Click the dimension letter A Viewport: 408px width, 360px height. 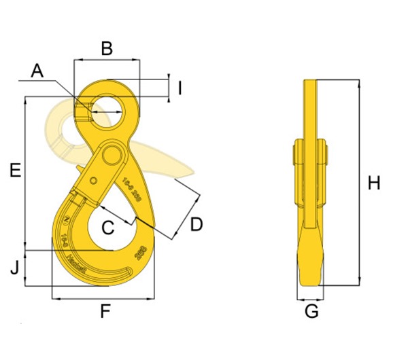[x=37, y=71]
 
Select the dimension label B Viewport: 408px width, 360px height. [x=106, y=48]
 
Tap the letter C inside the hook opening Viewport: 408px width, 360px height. [x=107, y=228]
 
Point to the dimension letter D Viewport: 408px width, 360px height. [x=196, y=223]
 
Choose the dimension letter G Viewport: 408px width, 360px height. [x=311, y=312]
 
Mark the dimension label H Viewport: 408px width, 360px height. [x=373, y=183]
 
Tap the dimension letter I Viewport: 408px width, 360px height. [x=180, y=88]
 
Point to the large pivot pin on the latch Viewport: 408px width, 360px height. [x=109, y=156]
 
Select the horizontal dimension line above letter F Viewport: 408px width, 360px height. [x=103, y=298]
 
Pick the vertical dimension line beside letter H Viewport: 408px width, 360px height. [x=358, y=183]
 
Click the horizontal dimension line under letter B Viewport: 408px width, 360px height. [x=107, y=60]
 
